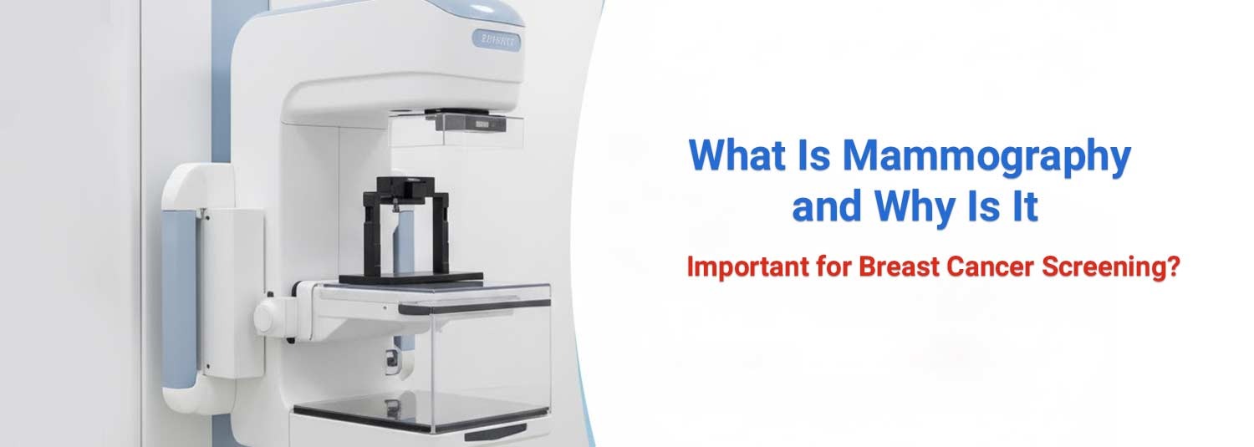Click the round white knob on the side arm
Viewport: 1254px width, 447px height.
tap(268, 317)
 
